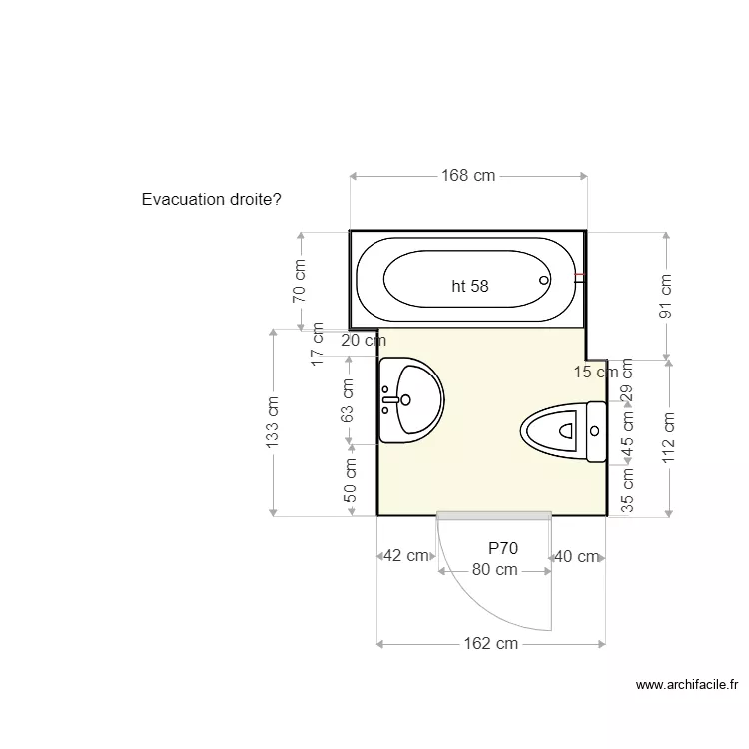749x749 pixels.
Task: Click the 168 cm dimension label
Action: pyautogui.click(x=468, y=176)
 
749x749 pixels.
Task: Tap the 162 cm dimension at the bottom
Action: pyautogui.click(x=491, y=643)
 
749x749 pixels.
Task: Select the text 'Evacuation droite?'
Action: pyautogui.click(x=211, y=199)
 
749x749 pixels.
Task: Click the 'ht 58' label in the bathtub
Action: pyautogui.click(x=470, y=286)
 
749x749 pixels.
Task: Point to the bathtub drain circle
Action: pyautogui.click(x=544, y=280)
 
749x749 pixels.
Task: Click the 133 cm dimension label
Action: pyautogui.click(x=272, y=422)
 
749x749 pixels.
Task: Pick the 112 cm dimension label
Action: pyautogui.click(x=668, y=438)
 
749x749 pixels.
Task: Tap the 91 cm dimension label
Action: pyautogui.click(x=665, y=296)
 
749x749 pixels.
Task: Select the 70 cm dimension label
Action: pyautogui.click(x=299, y=281)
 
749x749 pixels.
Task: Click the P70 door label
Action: pyautogui.click(x=503, y=548)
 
